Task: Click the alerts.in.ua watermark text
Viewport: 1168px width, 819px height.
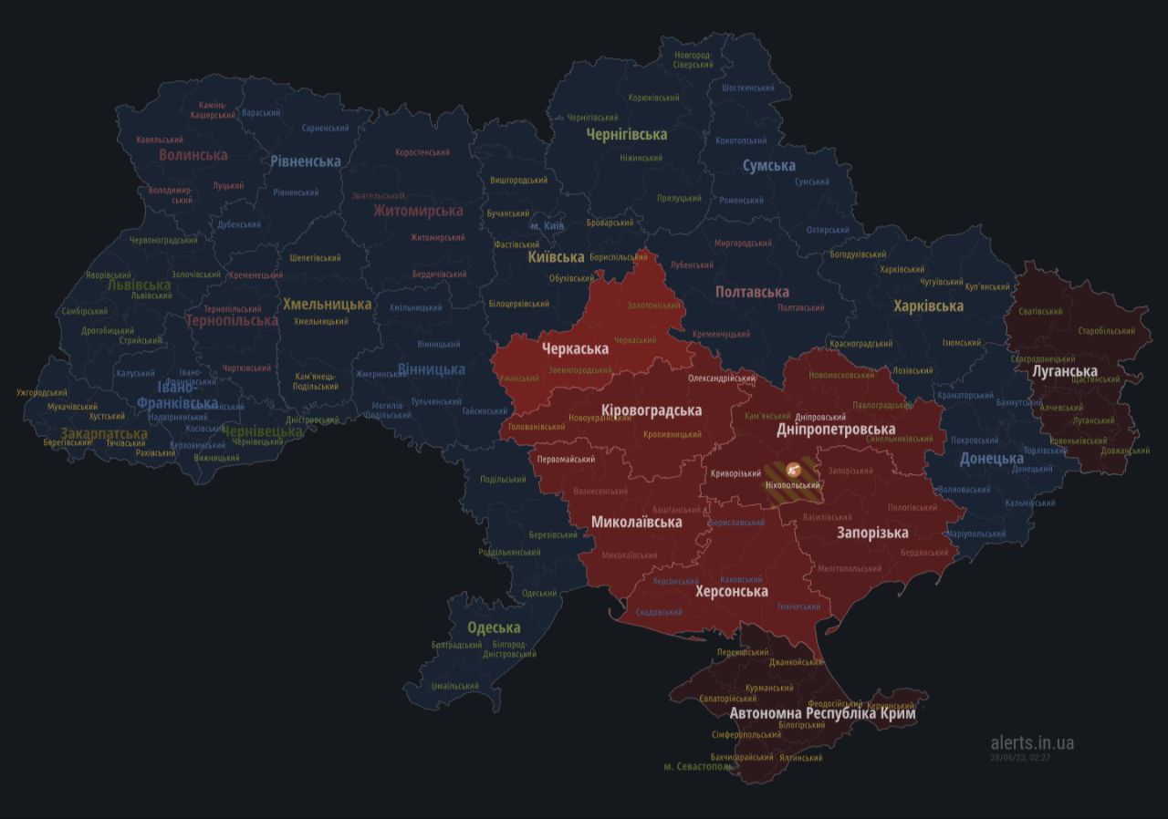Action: click(x=1032, y=742)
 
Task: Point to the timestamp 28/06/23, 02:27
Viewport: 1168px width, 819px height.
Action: click(x=1020, y=757)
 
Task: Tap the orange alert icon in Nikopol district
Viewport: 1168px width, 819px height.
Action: click(x=792, y=470)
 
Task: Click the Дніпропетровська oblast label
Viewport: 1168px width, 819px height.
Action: click(x=835, y=429)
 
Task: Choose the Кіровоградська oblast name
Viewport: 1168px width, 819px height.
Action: click(x=652, y=409)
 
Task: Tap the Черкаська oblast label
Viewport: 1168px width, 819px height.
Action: click(x=575, y=348)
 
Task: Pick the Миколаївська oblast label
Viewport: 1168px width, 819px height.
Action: click(x=636, y=523)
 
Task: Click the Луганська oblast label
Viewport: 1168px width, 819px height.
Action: click(x=1064, y=371)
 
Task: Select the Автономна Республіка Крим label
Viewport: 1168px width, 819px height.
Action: click(x=822, y=714)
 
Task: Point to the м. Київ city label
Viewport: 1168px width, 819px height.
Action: click(x=547, y=225)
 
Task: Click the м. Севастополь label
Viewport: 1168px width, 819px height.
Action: click(x=698, y=767)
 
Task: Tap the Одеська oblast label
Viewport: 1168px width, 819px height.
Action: click(x=494, y=627)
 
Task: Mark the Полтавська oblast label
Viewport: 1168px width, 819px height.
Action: click(x=752, y=292)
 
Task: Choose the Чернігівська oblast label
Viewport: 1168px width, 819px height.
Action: click(x=626, y=134)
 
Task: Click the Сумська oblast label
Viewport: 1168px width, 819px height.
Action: click(x=768, y=166)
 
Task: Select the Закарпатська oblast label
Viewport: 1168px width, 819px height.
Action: click(x=103, y=433)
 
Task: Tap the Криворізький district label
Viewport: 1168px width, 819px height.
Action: click(x=735, y=473)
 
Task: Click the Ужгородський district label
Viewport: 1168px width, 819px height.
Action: click(x=42, y=393)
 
